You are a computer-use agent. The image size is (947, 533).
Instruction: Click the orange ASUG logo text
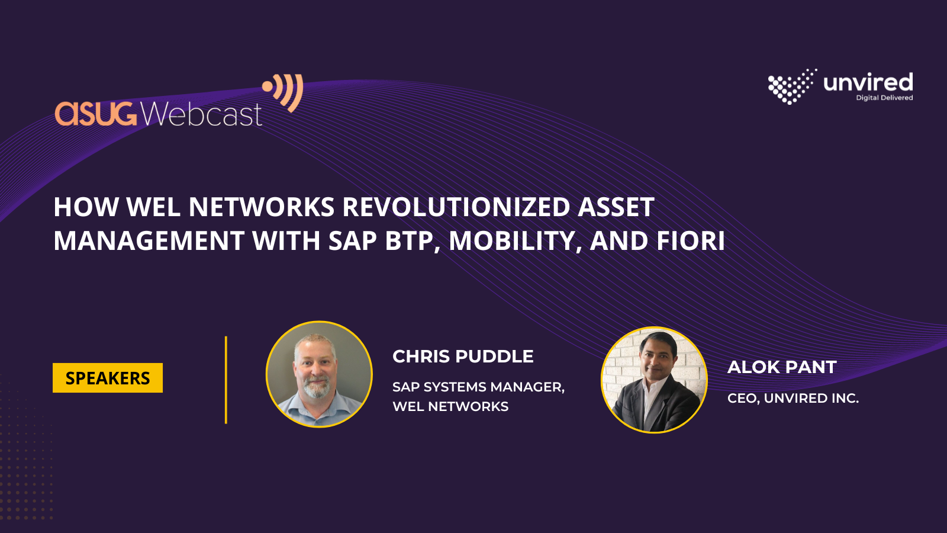96,113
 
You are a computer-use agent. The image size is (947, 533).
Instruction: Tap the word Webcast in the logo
201,113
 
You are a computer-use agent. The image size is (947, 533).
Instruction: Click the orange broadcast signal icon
283,92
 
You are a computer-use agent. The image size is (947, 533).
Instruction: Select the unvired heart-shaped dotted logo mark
792,86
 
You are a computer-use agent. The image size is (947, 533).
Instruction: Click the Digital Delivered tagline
884,98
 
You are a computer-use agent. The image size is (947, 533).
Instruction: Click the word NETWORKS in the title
262,207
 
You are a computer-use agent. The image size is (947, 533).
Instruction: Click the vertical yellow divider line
226,380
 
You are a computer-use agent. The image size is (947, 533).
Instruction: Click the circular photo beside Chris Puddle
319,374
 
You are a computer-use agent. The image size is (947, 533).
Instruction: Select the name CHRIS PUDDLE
463,356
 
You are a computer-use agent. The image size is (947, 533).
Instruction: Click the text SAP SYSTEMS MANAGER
479,387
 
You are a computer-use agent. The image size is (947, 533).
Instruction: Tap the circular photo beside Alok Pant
654,380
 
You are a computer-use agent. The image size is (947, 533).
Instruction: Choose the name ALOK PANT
782,367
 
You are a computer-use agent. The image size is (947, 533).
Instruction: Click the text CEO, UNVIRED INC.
793,398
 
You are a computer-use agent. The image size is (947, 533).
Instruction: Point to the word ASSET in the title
616,207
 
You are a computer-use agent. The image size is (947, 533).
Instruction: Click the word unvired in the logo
868,82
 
